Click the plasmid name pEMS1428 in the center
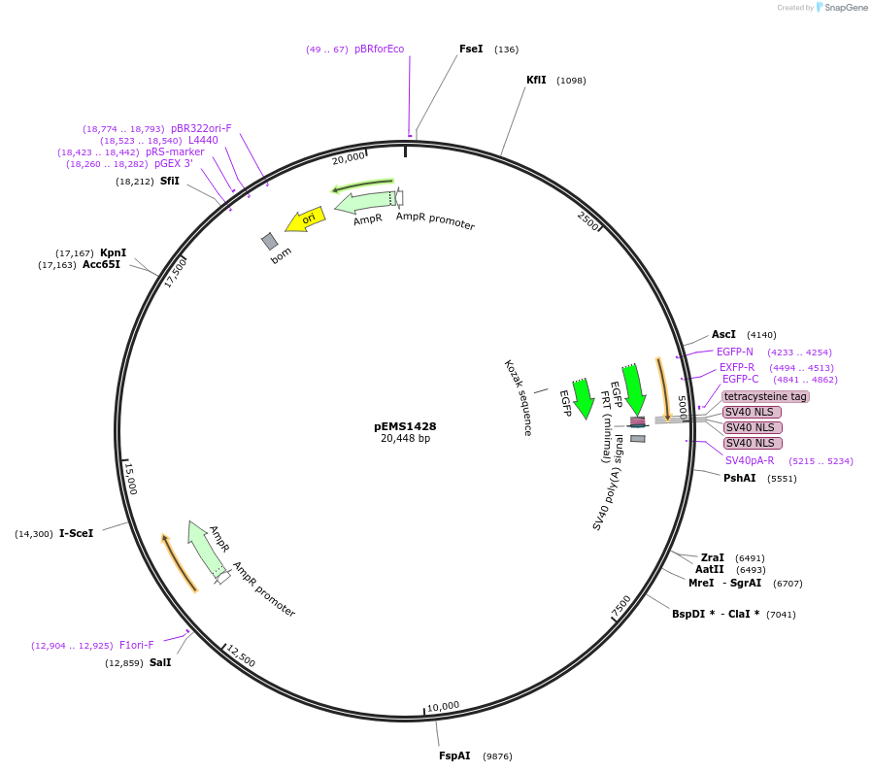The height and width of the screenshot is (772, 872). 405,426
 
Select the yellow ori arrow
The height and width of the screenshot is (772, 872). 306,219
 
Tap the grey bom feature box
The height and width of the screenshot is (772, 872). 270,241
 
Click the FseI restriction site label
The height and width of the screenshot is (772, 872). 471,49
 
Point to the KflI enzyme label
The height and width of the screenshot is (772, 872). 536,80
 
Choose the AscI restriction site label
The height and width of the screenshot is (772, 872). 723,334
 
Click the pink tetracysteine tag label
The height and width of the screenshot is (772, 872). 765,396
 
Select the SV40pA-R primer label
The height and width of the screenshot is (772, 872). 750,460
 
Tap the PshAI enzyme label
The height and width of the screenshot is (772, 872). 739,478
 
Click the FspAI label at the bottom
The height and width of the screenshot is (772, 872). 454,755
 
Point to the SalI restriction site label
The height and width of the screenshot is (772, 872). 160,662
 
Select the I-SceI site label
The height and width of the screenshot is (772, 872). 76,533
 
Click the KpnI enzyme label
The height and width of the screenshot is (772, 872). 114,252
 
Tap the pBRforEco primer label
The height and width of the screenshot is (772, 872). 379,49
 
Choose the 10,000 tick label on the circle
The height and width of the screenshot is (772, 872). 443,706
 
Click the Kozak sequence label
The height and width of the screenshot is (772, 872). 519,397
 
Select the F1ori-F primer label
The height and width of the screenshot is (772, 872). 136,645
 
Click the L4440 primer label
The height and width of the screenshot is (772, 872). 203,140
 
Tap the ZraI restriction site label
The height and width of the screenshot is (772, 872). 712,557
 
